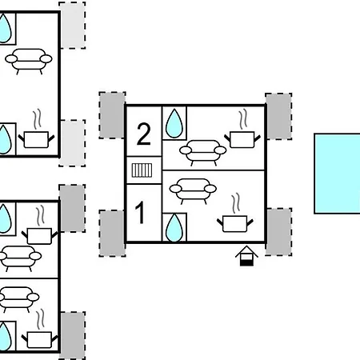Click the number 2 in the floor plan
[143, 134]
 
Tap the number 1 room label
[140, 213]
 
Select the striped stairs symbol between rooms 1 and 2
[142, 170]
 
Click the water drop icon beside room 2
[174, 123]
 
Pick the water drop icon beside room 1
[174, 227]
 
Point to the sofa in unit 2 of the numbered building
[202, 153]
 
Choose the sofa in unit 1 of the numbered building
[193, 191]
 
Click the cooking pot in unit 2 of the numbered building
[242, 139]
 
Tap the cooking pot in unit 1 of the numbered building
[235, 224]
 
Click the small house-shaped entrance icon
[246, 256]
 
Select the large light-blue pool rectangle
[338, 174]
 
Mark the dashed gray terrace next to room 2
[112, 115]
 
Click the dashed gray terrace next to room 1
[112, 234]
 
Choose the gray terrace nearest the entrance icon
[278, 232]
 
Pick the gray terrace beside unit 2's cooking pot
[278, 116]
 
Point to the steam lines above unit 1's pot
[235, 203]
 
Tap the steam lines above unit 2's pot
[242, 119]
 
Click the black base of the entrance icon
[246, 263]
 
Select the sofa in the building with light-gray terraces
[29, 62]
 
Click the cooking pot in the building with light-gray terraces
[36, 139]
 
